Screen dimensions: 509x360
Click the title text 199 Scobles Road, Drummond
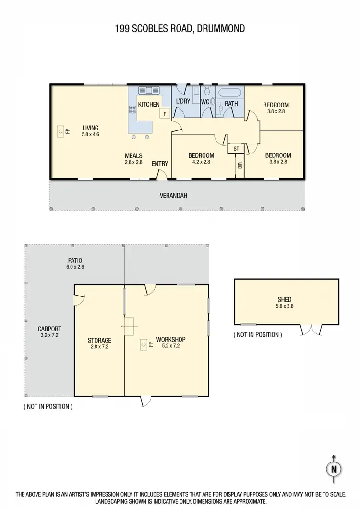[180, 29]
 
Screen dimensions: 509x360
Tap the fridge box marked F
[164, 114]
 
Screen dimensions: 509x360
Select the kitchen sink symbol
[148, 90]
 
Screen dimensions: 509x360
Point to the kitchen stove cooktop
[132, 110]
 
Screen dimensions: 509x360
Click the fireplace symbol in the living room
[61, 130]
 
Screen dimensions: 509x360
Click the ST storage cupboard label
[236, 149]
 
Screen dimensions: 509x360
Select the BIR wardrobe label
[240, 166]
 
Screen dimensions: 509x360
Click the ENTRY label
[160, 164]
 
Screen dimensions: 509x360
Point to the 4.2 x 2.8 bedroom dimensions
[201, 162]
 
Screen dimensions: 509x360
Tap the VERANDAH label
[173, 196]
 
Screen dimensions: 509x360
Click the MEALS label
[133, 155]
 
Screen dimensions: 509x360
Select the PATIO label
[75, 260]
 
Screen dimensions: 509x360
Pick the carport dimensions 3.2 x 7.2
[49, 335]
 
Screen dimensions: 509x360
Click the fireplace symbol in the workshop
[143, 343]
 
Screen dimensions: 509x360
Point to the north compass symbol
[334, 469]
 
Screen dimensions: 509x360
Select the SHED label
[285, 299]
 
